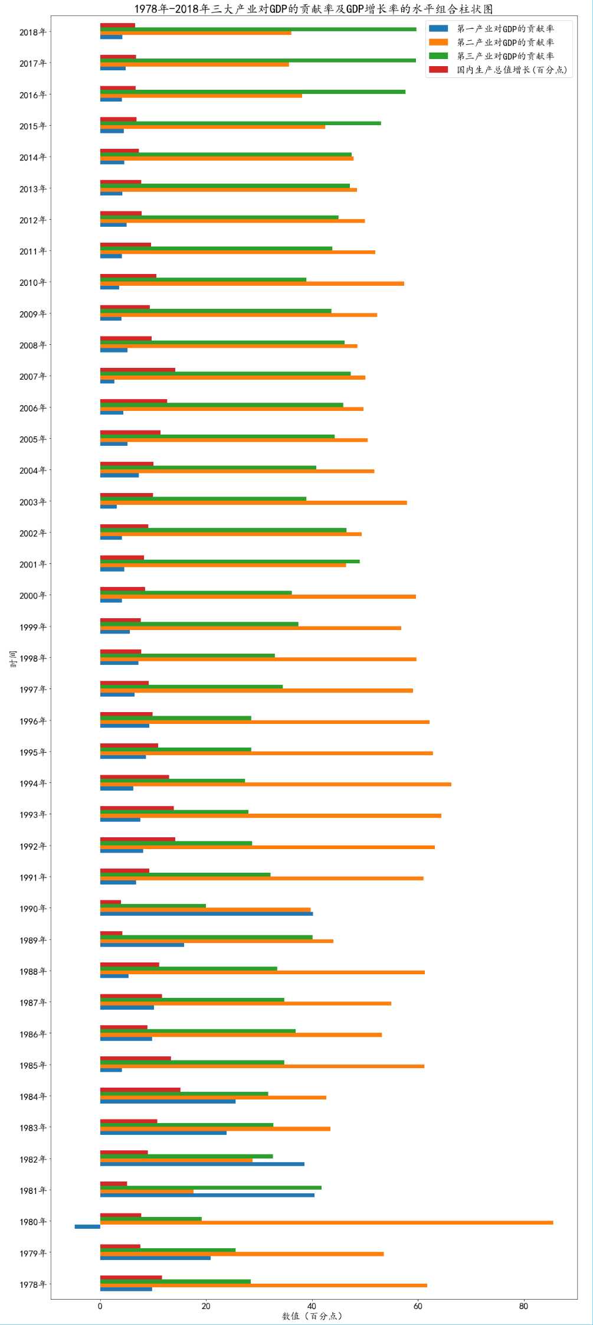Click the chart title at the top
tap(313, 9)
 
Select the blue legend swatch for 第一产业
tap(438, 28)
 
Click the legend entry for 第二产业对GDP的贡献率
tap(505, 42)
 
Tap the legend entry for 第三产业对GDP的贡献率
tap(505, 56)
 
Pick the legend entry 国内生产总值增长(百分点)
tap(511, 70)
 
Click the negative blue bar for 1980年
tap(87, 1226)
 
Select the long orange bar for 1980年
tap(326, 1222)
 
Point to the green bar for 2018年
tap(258, 29)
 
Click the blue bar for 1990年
tap(207, 913)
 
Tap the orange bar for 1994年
tap(276, 784)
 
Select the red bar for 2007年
tap(137, 370)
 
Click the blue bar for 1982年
tap(202, 1164)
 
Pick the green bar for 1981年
tap(211, 1187)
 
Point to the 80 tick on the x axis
tap(523, 1306)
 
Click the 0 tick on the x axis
tap(100, 1306)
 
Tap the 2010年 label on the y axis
tap(32, 283)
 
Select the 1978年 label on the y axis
tap(32, 1284)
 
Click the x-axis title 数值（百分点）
tap(312, 1316)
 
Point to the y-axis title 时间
tap(14, 658)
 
